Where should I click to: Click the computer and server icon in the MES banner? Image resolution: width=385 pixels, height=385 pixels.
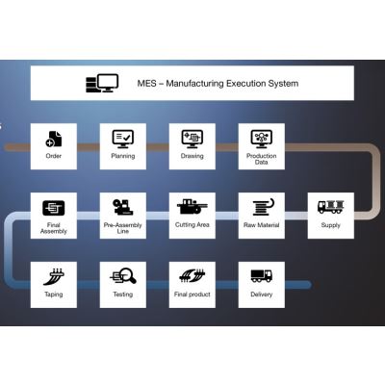point(102,83)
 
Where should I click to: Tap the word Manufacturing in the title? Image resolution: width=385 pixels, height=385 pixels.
point(194,84)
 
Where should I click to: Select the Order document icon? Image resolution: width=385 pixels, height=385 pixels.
point(54,139)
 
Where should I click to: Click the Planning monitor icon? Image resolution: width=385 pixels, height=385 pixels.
point(123,139)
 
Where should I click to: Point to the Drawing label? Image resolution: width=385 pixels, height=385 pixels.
point(192,156)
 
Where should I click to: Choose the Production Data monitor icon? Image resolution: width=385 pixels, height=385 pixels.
point(262,139)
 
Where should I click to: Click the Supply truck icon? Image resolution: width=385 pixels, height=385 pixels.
point(331,207)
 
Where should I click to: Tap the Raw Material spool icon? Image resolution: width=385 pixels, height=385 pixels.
point(262,207)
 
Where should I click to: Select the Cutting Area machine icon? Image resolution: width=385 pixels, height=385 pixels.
point(192,207)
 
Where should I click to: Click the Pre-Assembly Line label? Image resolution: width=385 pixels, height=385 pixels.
point(123,228)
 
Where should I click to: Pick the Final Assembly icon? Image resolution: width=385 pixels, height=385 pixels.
point(54,208)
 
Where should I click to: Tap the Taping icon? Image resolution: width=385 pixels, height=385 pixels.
point(54,276)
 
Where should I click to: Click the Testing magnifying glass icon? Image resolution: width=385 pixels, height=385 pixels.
point(123,276)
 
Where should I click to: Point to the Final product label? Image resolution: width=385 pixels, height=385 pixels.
point(192,295)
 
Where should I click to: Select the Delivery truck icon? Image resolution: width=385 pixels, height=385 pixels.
point(262,276)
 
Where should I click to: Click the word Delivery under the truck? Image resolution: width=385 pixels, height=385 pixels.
point(262,295)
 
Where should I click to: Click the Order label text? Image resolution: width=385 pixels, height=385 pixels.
point(54,156)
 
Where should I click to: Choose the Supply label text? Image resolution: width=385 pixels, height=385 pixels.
point(331,225)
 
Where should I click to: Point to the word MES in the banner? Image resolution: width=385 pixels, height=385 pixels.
point(147,84)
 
